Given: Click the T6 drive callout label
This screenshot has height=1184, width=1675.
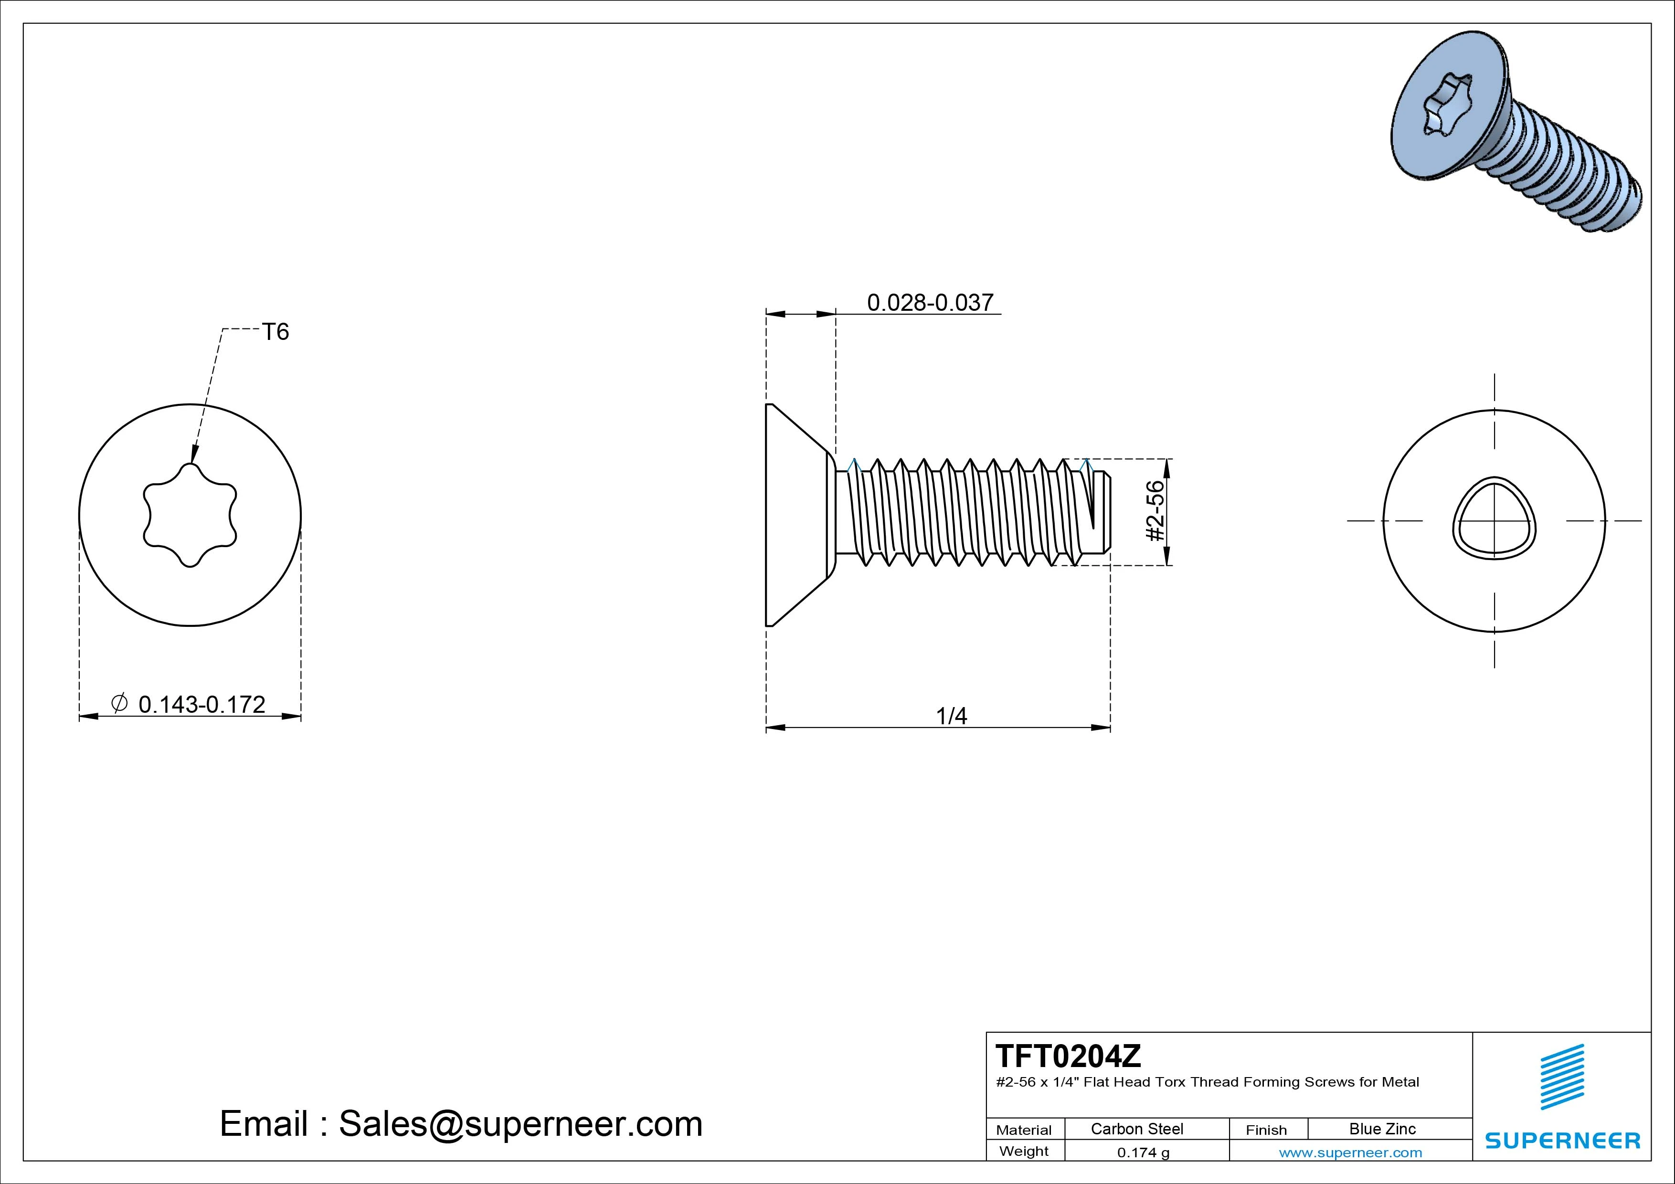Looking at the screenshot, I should point(276,332).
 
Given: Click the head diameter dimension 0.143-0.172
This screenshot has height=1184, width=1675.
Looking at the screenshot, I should point(201,704).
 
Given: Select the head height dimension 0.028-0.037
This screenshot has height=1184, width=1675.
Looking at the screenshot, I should point(930,302).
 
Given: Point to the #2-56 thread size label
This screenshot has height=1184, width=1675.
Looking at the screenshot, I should point(1155,511).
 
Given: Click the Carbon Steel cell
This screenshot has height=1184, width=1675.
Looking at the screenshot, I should point(1136,1129).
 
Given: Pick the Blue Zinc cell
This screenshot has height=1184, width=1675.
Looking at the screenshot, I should point(1382,1129).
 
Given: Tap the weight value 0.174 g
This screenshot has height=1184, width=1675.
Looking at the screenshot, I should point(1143,1152).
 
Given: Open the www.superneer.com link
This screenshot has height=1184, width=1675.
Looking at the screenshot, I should point(1350,1152).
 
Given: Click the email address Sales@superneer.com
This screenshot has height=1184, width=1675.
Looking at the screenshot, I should point(520,1123).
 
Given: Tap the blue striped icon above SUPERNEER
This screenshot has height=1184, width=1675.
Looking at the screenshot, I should point(1562,1077).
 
